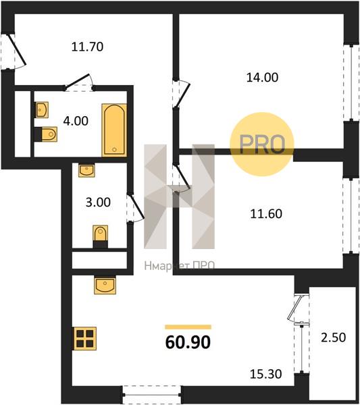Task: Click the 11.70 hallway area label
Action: click(x=87, y=47)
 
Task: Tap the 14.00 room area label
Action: click(x=262, y=78)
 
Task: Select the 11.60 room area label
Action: click(x=266, y=214)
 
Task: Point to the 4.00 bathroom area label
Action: click(x=76, y=121)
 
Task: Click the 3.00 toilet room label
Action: click(x=98, y=202)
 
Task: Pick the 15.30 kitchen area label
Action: click(x=265, y=374)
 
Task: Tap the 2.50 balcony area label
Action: click(x=334, y=337)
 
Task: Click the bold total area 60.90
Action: click(x=188, y=342)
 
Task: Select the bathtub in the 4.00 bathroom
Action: click(x=114, y=130)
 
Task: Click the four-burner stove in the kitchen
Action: click(x=85, y=339)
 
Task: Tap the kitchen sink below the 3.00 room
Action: click(x=105, y=285)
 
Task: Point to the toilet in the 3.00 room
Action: click(x=100, y=236)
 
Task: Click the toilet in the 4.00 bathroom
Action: click(x=46, y=134)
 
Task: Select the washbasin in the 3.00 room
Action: click(x=86, y=170)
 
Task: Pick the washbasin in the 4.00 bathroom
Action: click(x=42, y=110)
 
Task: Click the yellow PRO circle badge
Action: click(x=262, y=144)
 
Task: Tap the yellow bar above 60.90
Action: click(x=188, y=327)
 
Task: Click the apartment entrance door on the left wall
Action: click(x=14, y=51)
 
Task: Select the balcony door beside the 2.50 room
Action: click(x=298, y=308)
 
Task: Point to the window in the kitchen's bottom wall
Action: click(x=151, y=394)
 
